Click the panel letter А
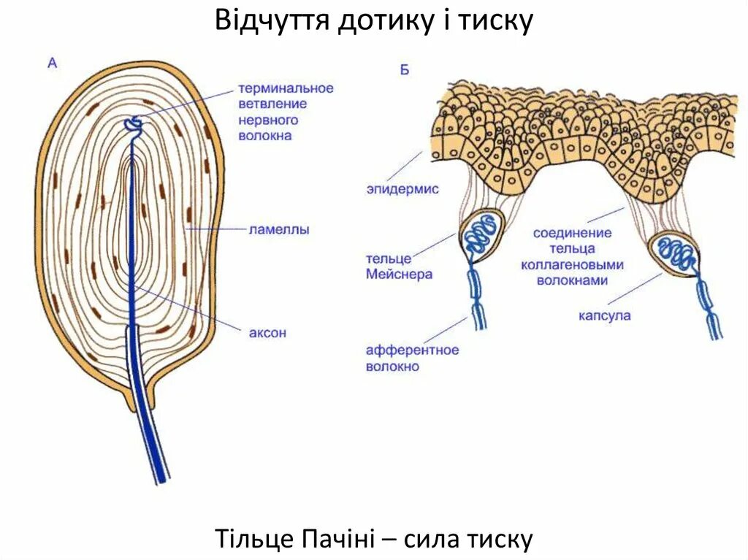click(52, 64)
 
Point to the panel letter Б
click(404, 70)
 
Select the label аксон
click(268, 333)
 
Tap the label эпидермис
click(402, 189)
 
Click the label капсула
click(604, 316)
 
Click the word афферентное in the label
click(413, 350)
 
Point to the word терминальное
click(286, 88)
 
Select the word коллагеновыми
click(572, 264)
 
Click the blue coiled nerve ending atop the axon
click(133, 124)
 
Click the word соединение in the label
click(572, 233)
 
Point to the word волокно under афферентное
click(392, 367)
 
